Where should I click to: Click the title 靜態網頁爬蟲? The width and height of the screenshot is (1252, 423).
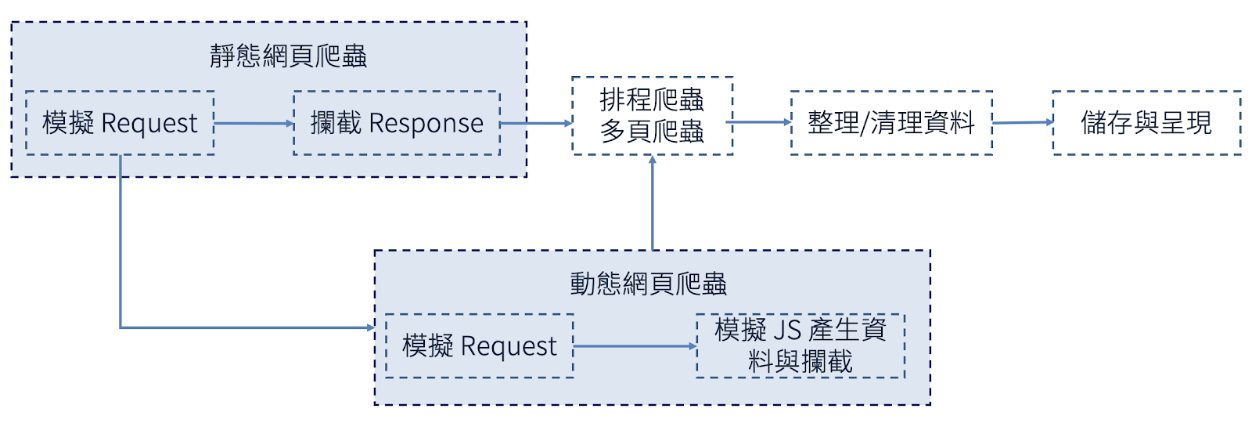(289, 56)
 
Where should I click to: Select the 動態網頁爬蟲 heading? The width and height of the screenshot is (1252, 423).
(649, 284)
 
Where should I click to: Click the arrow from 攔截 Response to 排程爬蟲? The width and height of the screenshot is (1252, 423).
(536, 123)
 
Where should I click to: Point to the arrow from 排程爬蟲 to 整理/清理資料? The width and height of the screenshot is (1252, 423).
(758, 122)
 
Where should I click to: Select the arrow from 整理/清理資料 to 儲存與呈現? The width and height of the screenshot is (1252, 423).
(1023, 122)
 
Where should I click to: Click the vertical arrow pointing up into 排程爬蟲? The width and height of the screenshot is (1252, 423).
(653, 203)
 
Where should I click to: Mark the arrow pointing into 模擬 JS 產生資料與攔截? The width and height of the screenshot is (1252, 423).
(635, 346)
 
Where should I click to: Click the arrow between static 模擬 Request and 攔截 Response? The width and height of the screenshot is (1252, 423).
(254, 123)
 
